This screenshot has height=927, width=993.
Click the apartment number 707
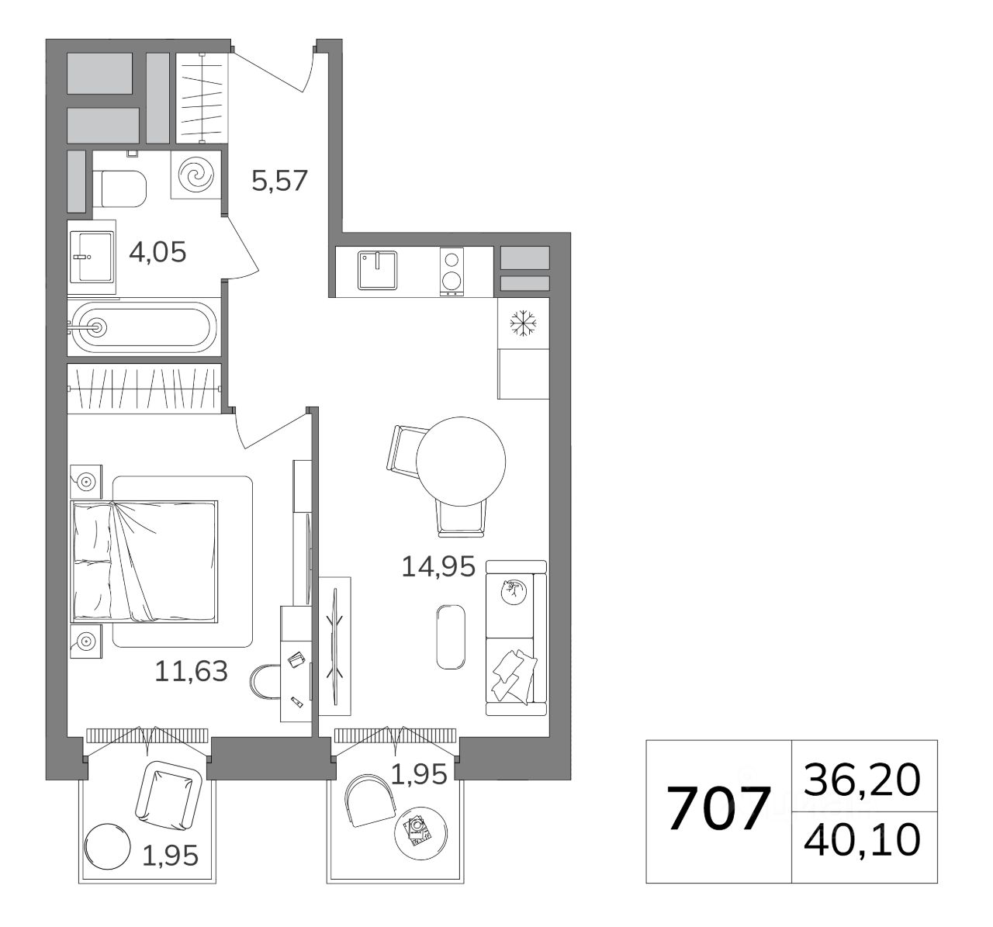click(718, 809)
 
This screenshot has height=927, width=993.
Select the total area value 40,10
click(862, 840)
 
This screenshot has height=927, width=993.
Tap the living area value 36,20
click(862, 780)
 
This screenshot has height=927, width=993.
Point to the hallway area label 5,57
click(279, 181)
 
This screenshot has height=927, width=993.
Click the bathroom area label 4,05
click(157, 252)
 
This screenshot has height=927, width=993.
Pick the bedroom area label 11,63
click(192, 671)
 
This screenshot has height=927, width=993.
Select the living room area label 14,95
click(438, 566)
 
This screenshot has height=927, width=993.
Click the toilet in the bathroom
click(120, 189)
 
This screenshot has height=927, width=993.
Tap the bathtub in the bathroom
click(144, 327)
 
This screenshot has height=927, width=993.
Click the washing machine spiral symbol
click(195, 175)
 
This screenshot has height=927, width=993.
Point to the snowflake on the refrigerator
click(523, 323)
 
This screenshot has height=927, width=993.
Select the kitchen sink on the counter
click(378, 270)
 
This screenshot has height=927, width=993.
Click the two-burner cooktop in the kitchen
click(452, 272)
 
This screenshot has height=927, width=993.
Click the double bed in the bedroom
click(145, 562)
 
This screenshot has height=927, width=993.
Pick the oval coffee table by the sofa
click(451, 637)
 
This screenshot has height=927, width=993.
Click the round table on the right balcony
click(420, 833)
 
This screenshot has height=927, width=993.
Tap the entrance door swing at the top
click(272, 70)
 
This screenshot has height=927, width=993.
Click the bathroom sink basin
click(91, 257)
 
